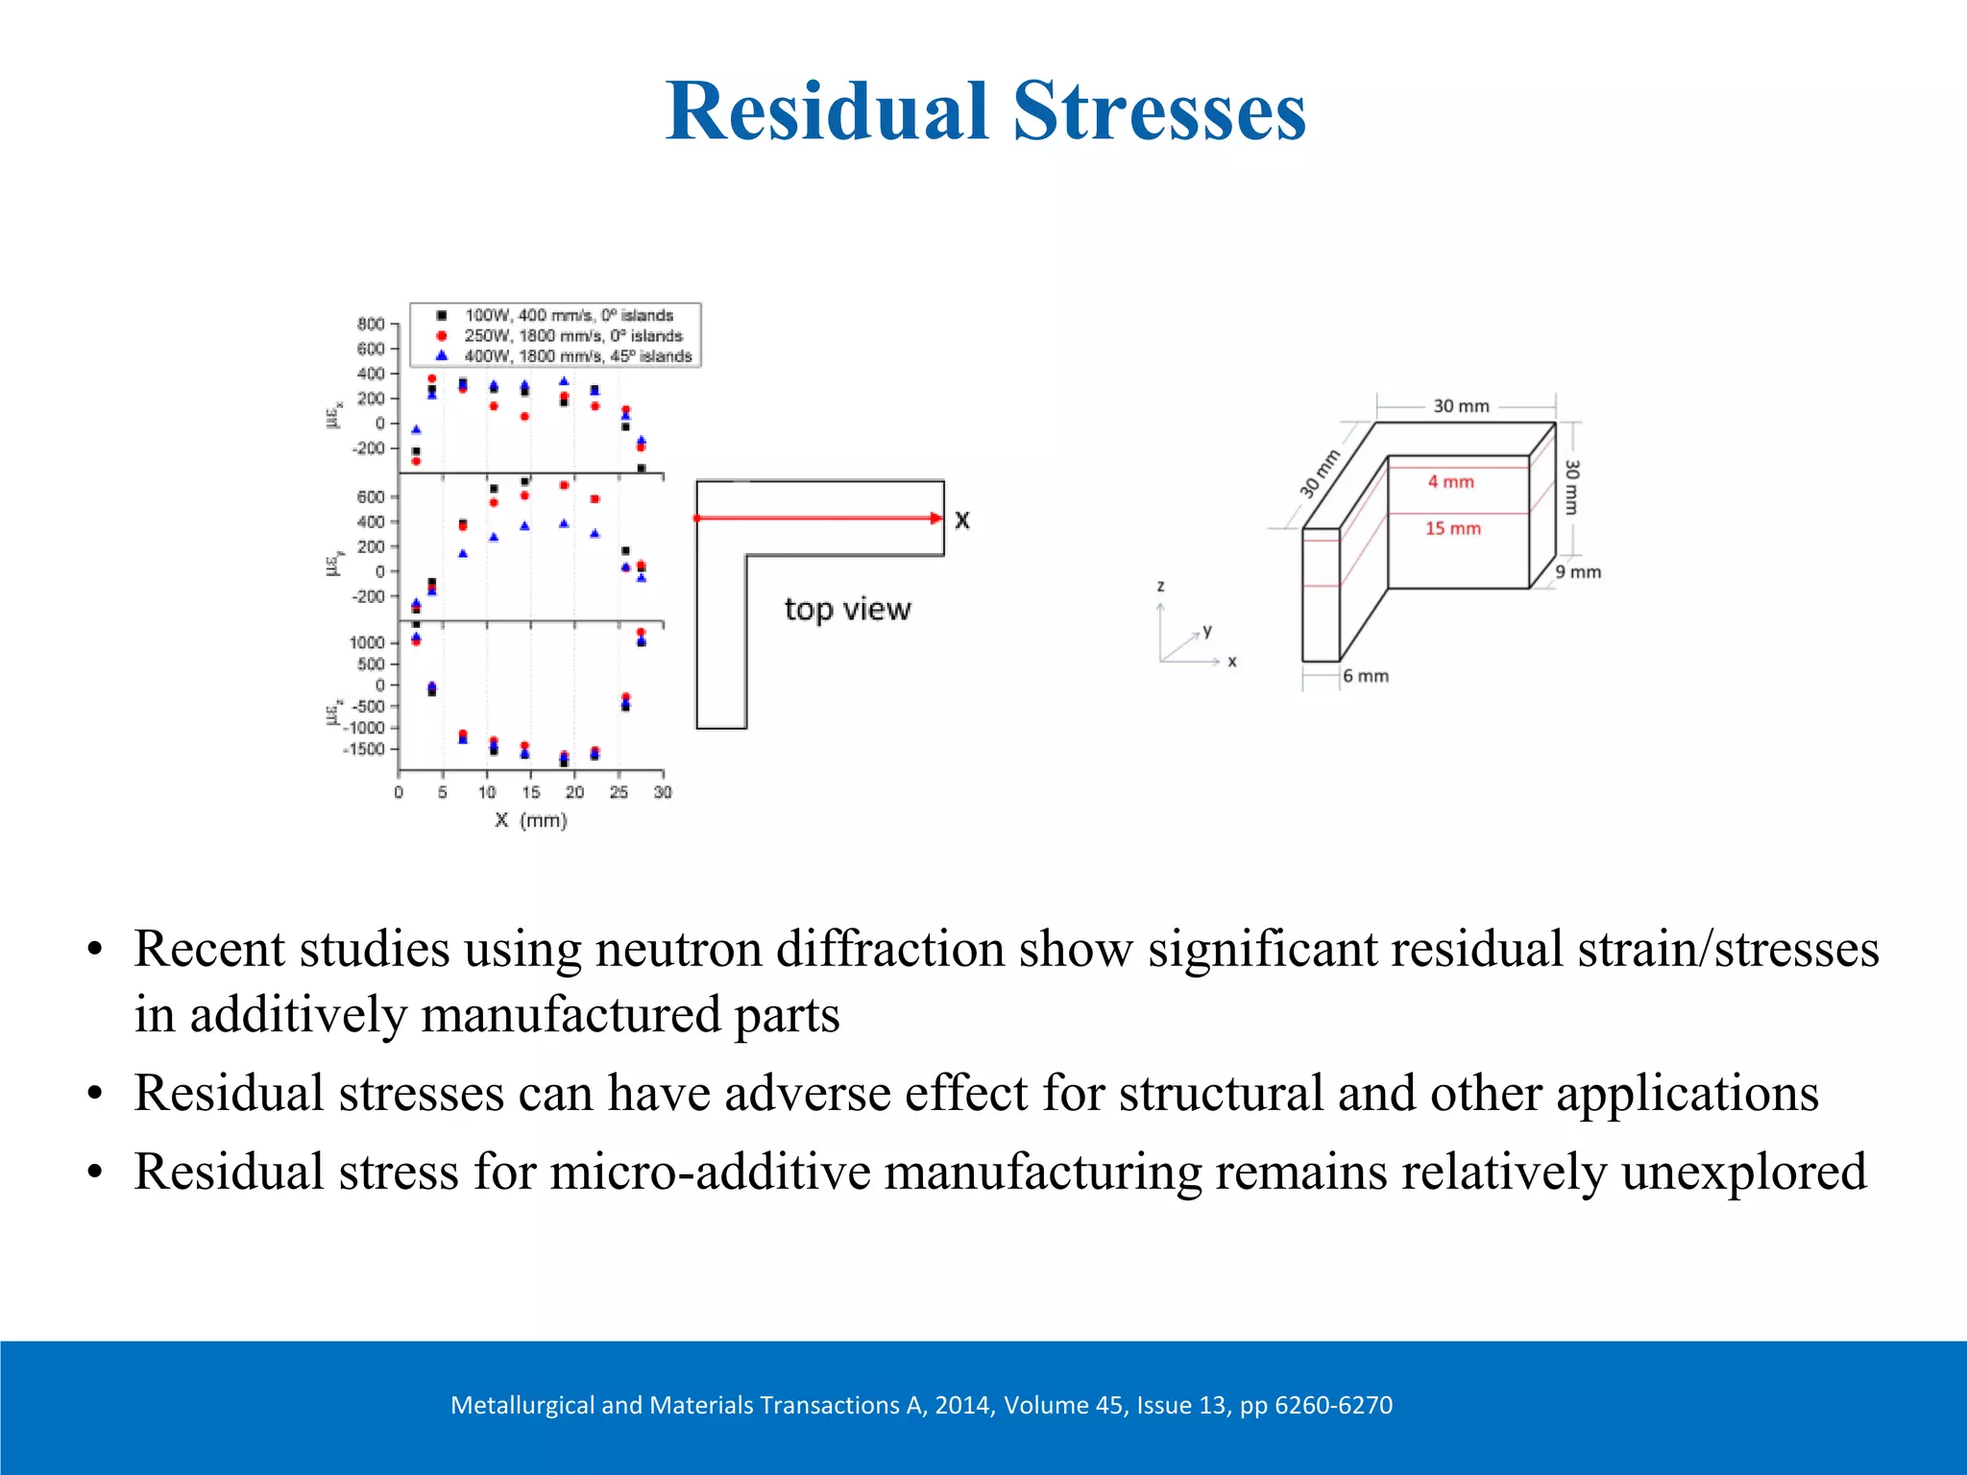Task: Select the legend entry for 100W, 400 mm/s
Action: pyautogui.click(x=569, y=315)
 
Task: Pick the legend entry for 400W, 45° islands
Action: pyautogui.click(x=577, y=356)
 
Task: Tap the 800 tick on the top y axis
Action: pyautogui.click(x=371, y=325)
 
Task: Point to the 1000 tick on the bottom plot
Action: pyautogui.click(x=366, y=642)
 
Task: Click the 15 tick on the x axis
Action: pyautogui.click(x=530, y=792)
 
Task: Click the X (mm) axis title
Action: pyautogui.click(x=531, y=820)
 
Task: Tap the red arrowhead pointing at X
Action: pyautogui.click(x=936, y=519)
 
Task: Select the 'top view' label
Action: pyautogui.click(x=847, y=609)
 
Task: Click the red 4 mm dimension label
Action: pyautogui.click(x=1450, y=482)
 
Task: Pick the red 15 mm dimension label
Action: pyautogui.click(x=1452, y=528)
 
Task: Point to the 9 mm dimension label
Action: pyautogui.click(x=1578, y=572)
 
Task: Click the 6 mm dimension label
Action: pyautogui.click(x=1365, y=676)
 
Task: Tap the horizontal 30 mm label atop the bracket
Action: pyautogui.click(x=1461, y=406)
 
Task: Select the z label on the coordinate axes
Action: pyautogui.click(x=1161, y=586)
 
